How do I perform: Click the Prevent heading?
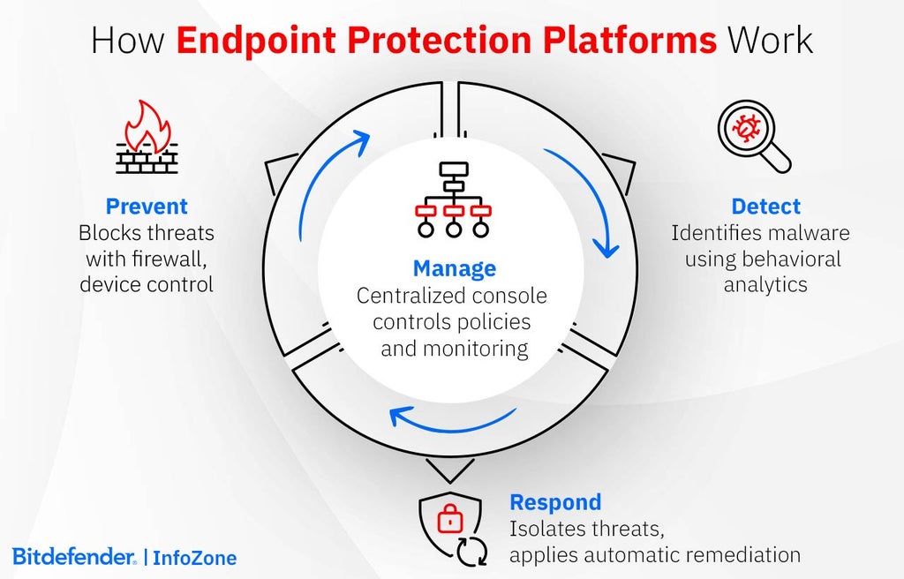(147, 207)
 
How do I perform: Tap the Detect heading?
(765, 207)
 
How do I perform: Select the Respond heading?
(555, 502)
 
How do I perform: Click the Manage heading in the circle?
(454, 267)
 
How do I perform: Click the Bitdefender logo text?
(74, 557)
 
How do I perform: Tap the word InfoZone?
(194, 558)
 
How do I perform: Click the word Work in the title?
(769, 41)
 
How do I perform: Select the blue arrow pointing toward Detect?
(587, 201)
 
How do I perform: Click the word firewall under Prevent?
(168, 259)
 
